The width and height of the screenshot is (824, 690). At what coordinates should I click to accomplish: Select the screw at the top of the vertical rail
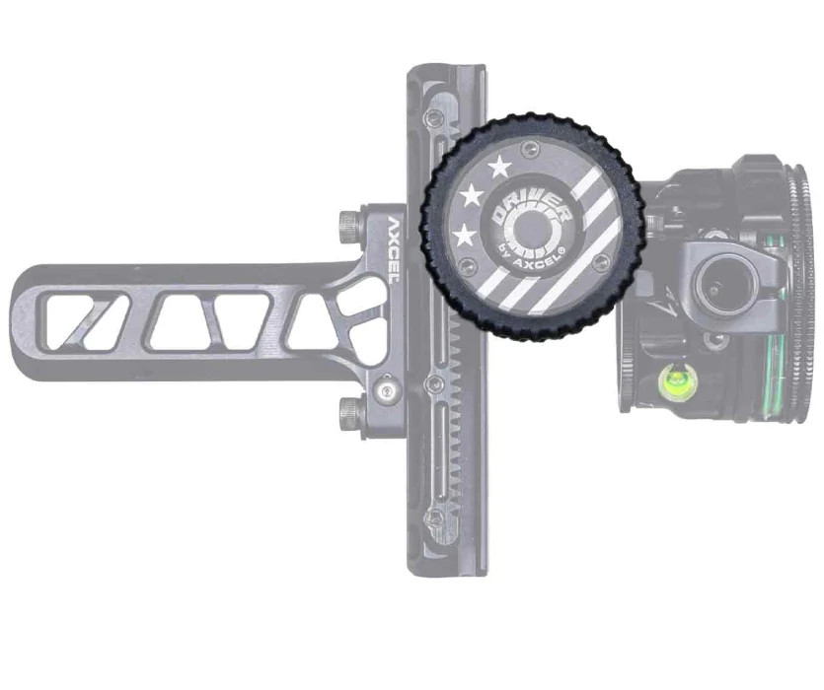431,119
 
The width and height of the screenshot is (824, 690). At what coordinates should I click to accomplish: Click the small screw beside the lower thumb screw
386,391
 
